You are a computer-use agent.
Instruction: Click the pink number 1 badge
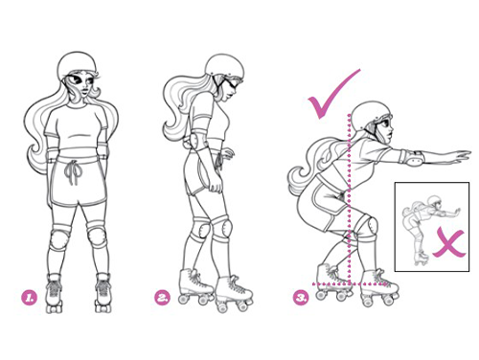coord(29,298)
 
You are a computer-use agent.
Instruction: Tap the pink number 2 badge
coord(163,298)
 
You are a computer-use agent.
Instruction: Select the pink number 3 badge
coord(301,298)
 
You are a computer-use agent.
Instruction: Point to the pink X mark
coord(448,241)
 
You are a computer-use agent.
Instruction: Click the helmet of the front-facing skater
coord(77,65)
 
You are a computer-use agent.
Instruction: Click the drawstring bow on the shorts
coord(73,172)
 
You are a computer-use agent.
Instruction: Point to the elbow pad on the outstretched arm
coord(415,157)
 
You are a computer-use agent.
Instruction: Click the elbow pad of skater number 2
coord(194,144)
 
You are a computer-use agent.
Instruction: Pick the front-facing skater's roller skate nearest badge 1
coord(55,293)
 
